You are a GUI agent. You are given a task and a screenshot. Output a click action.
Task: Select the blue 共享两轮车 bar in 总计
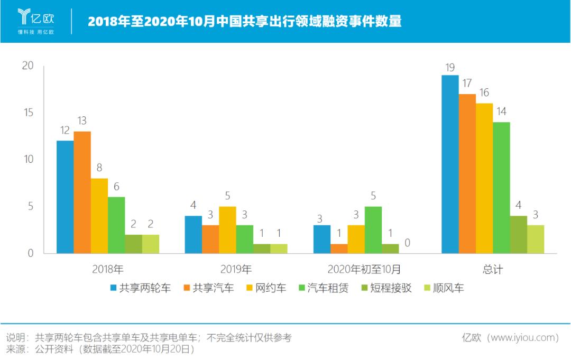click(450, 164)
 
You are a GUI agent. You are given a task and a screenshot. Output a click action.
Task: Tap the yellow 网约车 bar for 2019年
click(227, 229)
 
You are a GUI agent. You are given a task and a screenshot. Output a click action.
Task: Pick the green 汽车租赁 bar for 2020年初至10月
click(373, 229)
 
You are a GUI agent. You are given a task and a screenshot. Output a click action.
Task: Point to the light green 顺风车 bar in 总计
click(536, 239)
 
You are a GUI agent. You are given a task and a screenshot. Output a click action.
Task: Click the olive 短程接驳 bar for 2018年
click(133, 244)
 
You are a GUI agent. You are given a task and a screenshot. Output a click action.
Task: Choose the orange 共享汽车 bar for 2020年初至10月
click(339, 248)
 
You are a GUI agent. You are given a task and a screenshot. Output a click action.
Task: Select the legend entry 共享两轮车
click(140, 288)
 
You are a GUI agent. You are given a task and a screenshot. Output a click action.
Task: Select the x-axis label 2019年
click(236, 269)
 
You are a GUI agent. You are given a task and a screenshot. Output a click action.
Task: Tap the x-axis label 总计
click(493, 269)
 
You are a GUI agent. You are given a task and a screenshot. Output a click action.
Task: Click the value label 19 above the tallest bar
click(450, 67)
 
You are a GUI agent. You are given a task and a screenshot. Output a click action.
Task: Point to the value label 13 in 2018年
click(81, 121)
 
